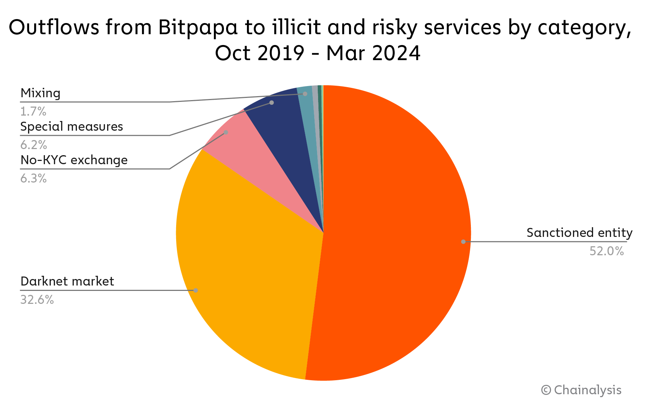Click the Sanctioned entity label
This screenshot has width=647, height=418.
pos(579,233)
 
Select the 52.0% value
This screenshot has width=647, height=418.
pos(606,251)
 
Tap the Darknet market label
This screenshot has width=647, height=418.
pos(67,281)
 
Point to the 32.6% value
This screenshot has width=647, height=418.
pos(37,300)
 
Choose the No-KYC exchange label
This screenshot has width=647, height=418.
pos(74,160)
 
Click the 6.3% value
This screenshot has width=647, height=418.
pos(33,178)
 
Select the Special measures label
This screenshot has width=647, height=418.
pos(72,127)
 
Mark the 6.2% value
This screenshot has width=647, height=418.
pos(33,145)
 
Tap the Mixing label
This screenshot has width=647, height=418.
pos(40,93)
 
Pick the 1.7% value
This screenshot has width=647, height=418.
pos(33,112)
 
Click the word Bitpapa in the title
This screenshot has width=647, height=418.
pos(198,27)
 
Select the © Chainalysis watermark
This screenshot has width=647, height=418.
pos(581,390)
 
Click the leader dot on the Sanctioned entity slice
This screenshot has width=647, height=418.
pos(463,242)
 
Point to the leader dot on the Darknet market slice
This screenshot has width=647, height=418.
pos(196,290)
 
